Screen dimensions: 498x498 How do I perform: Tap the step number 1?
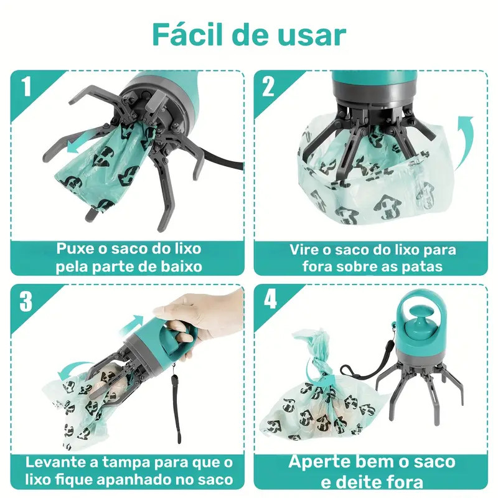click(26, 87)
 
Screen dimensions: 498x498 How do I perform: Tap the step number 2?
click(268, 87)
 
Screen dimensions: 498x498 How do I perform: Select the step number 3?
click(26, 301)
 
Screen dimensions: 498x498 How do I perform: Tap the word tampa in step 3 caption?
click(128, 463)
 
